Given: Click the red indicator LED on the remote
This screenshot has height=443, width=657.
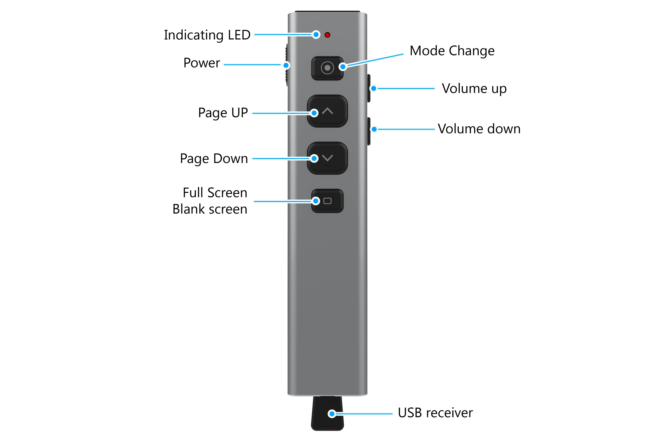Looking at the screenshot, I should (x=327, y=35).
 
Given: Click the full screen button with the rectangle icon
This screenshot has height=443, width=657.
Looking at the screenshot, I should (x=327, y=201).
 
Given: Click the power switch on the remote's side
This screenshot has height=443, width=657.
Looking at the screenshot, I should (x=286, y=65).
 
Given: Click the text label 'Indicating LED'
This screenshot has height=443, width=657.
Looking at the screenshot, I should (x=207, y=35).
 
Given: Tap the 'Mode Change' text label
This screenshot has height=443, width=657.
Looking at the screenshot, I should (x=452, y=51).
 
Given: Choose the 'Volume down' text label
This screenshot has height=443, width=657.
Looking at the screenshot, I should (x=479, y=129).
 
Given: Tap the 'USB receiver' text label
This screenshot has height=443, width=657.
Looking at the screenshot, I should (x=435, y=413).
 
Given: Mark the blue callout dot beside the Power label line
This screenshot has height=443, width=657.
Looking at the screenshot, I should (x=286, y=65).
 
